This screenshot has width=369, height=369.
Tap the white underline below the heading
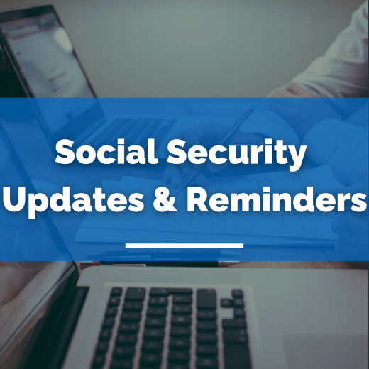pos(184,246)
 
